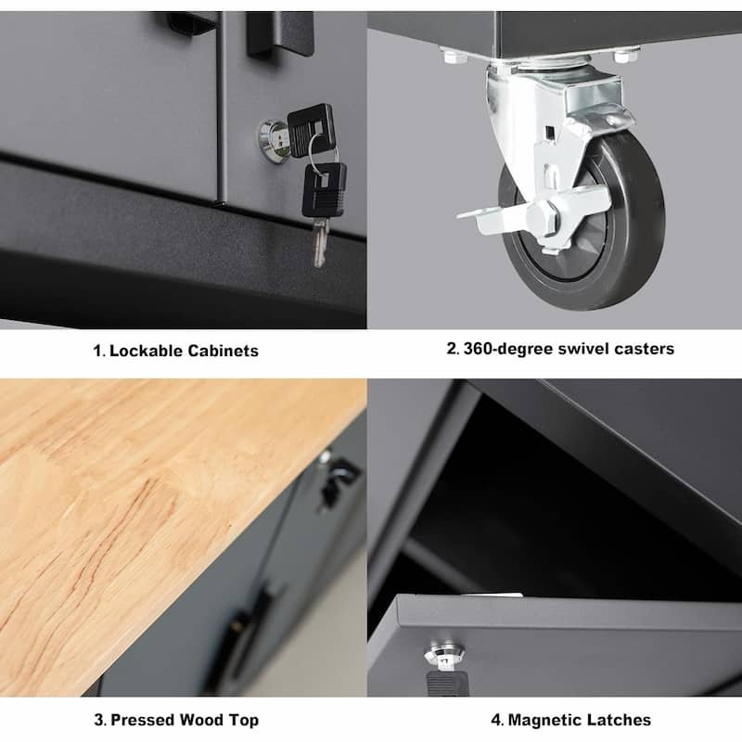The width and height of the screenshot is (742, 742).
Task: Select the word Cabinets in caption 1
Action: [x=223, y=351]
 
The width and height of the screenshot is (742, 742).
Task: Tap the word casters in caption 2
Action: [x=643, y=349]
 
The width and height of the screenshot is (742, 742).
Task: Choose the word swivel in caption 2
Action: [x=581, y=349]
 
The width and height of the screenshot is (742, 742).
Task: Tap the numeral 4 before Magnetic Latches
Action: [x=495, y=720]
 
